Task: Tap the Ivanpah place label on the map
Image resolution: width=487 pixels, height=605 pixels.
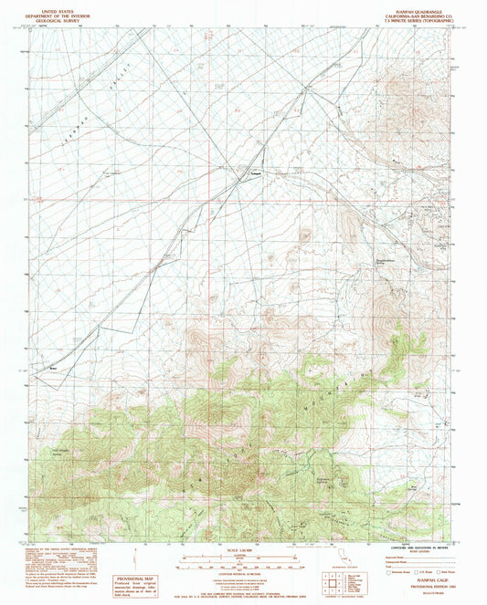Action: tap(257, 173)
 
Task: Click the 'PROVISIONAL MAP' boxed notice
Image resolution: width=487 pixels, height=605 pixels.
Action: tap(140, 584)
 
